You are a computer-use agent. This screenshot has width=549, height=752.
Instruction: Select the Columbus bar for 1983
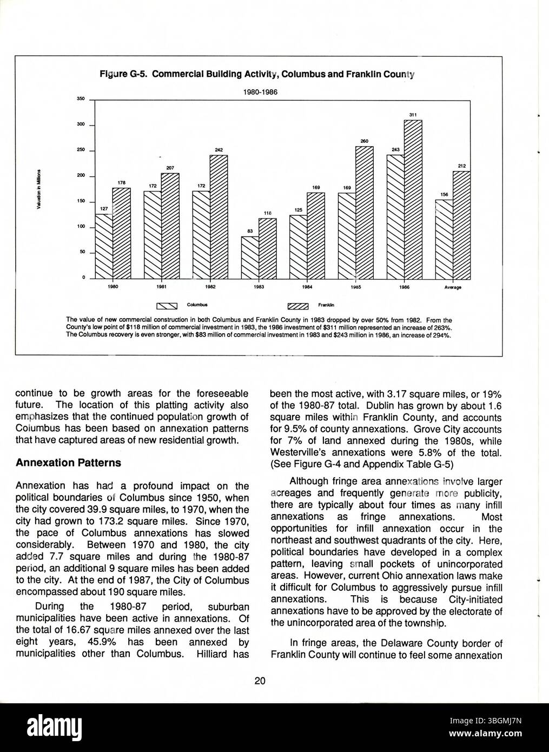tap(250, 257)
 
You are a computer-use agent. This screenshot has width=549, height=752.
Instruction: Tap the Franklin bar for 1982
tap(218, 216)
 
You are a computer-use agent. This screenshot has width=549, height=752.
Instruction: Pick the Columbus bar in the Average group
tap(444, 239)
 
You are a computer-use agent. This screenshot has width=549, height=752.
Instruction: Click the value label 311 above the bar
tap(413, 114)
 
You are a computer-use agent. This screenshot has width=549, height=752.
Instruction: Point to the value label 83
tap(250, 231)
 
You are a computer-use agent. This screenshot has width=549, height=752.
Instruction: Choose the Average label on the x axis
tap(452, 287)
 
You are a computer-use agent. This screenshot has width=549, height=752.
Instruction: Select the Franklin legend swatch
tap(297, 306)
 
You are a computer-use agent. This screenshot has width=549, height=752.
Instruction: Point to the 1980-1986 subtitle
tap(260, 92)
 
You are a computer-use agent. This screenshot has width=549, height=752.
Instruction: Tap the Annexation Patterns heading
tap(68, 463)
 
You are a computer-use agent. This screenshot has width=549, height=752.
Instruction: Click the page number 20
tap(260, 681)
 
